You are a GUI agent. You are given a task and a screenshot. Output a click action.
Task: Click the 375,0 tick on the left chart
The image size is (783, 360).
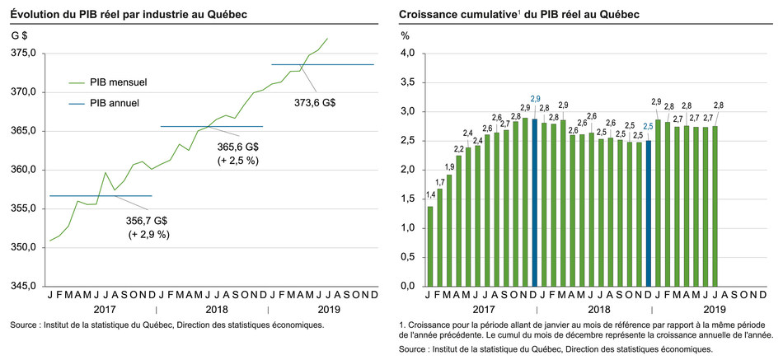23,53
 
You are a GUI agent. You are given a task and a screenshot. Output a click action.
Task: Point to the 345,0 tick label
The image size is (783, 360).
23,286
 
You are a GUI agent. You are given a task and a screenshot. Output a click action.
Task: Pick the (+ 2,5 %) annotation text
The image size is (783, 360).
239,160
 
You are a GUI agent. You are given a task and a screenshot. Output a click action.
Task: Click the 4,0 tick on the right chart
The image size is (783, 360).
407,53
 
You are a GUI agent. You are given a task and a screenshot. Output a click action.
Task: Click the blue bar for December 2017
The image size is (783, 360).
534,202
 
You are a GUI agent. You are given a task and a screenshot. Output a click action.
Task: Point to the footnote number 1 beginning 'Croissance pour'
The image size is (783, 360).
401,327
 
